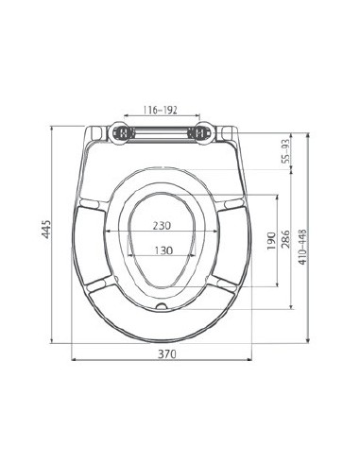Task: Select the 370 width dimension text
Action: (x=167, y=353)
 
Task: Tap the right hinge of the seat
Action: (x=201, y=132)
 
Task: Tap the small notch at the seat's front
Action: (x=163, y=307)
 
